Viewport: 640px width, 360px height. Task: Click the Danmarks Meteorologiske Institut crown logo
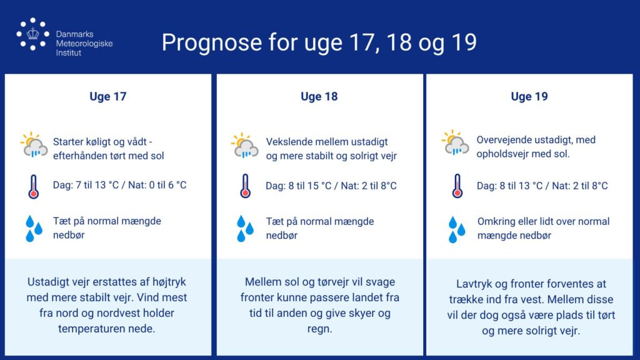click(32, 34)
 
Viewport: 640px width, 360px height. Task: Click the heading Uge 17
click(107, 97)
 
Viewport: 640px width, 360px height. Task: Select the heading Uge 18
click(319, 97)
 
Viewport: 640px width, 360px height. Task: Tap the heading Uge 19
click(529, 97)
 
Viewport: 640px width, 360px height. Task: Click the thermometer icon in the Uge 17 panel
click(34, 187)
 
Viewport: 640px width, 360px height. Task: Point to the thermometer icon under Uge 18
click(245, 186)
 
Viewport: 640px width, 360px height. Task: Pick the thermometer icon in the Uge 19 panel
click(457, 186)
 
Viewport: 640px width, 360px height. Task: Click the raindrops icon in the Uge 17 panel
click(34, 229)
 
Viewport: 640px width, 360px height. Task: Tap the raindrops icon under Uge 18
click(245, 229)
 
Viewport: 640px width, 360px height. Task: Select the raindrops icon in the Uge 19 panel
click(457, 229)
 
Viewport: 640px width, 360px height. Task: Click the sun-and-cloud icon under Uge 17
click(34, 145)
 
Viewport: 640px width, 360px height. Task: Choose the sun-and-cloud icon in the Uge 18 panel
click(244, 145)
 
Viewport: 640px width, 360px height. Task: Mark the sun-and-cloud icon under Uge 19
click(455, 143)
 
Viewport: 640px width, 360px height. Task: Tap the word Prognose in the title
click(211, 43)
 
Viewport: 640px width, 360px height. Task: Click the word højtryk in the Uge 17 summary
click(169, 282)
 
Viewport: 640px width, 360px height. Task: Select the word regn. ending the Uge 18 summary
click(319, 329)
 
